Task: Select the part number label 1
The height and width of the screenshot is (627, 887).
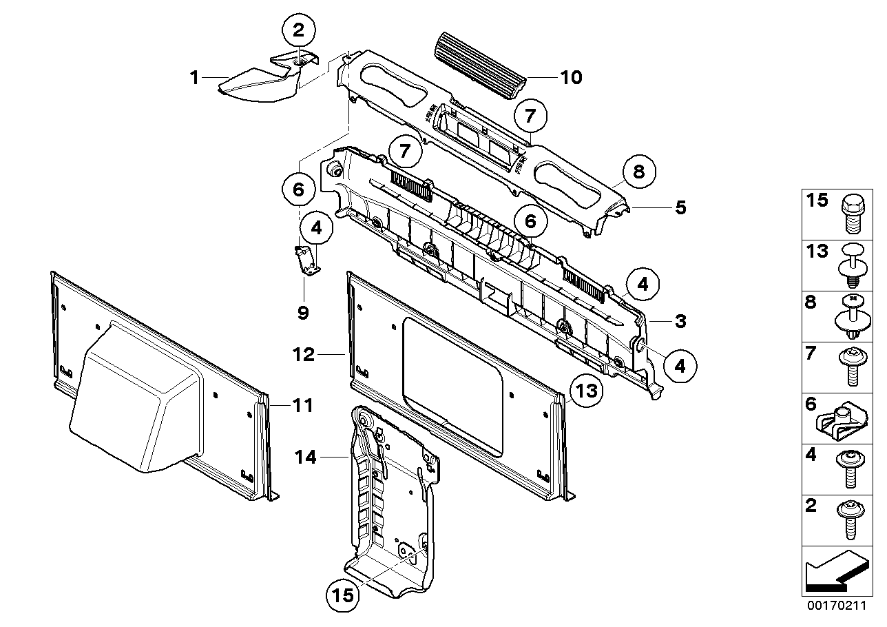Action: click(195, 78)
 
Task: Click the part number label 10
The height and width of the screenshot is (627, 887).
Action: click(571, 76)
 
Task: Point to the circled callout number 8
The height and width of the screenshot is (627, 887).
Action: click(638, 171)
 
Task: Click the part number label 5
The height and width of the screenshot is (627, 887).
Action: click(680, 207)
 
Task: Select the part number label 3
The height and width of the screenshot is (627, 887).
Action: click(680, 320)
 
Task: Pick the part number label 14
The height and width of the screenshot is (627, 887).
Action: click(307, 456)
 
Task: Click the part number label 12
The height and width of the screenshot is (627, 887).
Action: click(303, 355)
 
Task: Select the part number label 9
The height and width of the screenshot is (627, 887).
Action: click(303, 313)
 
